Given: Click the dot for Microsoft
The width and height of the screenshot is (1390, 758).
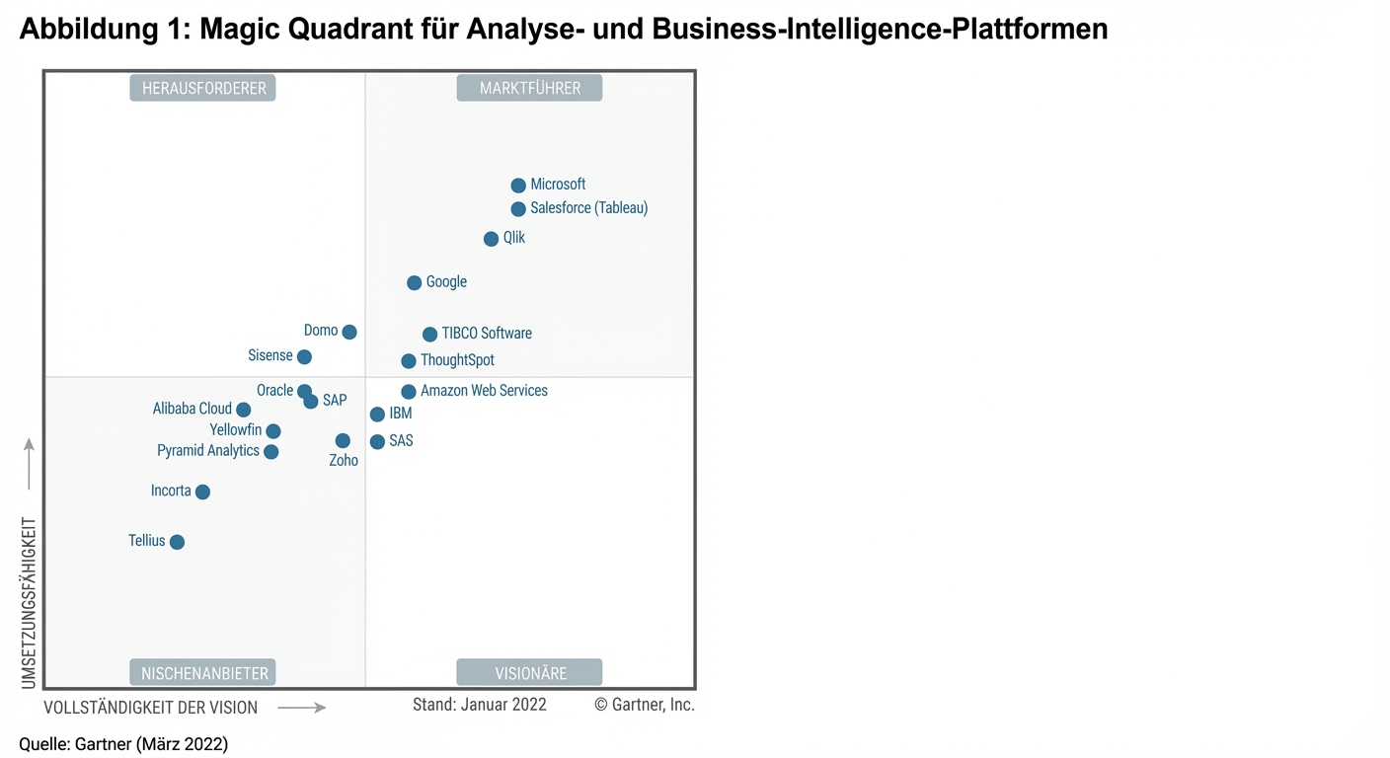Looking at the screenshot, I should click(x=518, y=186).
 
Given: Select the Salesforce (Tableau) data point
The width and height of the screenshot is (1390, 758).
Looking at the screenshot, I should click(x=518, y=209).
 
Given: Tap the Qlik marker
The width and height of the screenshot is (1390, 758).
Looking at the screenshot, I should click(x=491, y=239).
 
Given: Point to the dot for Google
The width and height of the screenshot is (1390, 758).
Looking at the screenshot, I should click(x=415, y=283).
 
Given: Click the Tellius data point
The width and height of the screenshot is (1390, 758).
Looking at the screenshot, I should click(x=177, y=542).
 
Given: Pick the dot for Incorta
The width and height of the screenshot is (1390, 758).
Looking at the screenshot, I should click(x=202, y=492).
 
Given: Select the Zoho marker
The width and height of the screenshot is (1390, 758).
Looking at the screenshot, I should click(x=343, y=441).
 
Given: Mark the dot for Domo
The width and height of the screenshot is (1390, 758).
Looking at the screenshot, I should click(x=349, y=332).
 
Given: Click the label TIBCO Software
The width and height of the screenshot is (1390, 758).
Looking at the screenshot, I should click(x=487, y=334).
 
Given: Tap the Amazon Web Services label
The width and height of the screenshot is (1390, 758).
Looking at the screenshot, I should click(x=484, y=391).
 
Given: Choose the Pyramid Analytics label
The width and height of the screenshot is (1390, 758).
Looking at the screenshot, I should click(x=208, y=451).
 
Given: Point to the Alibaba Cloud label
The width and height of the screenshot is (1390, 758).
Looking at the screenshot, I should click(x=193, y=409).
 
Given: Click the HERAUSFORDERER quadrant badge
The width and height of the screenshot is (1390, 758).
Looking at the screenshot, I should click(x=203, y=89).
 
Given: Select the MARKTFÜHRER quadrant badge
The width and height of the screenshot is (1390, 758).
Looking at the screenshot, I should click(x=529, y=89).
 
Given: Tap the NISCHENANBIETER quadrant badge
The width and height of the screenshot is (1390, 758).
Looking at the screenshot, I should click(x=203, y=673).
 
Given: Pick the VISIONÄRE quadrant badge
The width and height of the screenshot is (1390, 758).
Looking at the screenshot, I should click(x=529, y=673).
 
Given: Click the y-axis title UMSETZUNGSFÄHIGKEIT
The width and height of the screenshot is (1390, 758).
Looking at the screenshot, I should click(x=29, y=603).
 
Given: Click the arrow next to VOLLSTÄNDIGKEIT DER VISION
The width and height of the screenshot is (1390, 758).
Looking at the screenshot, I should click(x=301, y=708).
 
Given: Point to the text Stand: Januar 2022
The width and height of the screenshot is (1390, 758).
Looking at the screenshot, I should click(x=480, y=705).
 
